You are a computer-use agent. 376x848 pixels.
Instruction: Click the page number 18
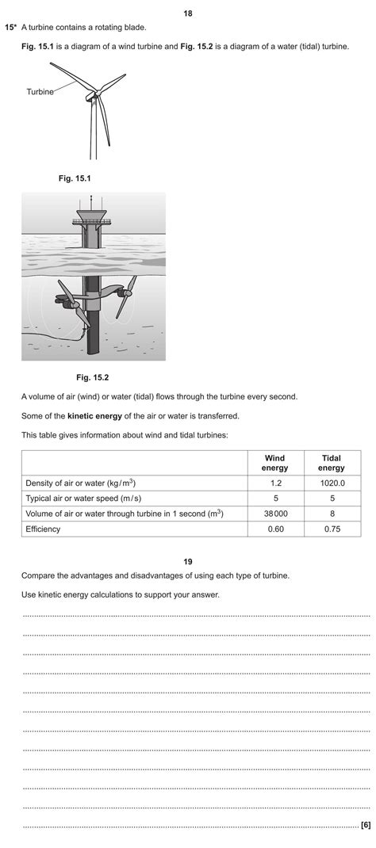[187, 13]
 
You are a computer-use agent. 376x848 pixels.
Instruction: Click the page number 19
[188, 562]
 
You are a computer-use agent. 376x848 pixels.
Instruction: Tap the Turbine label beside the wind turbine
[40, 92]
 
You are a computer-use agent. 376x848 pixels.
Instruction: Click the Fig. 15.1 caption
[75, 178]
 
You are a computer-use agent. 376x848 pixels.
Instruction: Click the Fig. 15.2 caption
[92, 376]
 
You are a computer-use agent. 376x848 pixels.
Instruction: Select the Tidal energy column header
[331, 463]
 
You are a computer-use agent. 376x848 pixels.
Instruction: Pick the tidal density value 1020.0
[331, 483]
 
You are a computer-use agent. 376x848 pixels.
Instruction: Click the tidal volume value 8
[331, 514]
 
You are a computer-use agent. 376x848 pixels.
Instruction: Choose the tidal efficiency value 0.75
[331, 529]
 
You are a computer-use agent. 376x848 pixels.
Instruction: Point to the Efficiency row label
[43, 529]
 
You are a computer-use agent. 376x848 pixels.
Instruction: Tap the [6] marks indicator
[365, 825]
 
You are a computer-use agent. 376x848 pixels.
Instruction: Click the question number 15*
[11, 27]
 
